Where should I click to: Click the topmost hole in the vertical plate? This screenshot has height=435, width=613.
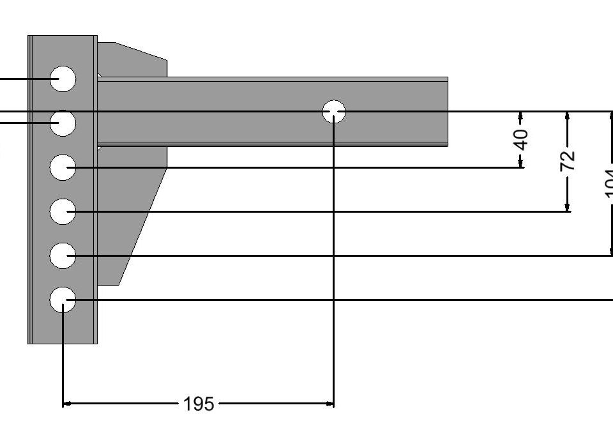63,79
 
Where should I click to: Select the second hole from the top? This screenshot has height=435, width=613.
63,123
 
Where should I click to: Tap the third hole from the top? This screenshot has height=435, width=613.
63,167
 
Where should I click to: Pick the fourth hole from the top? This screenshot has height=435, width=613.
63,211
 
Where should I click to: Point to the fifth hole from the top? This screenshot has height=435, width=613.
63,256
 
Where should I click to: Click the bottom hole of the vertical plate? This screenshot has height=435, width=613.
63,299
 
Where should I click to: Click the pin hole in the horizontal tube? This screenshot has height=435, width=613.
333,112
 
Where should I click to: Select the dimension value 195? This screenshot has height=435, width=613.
199,404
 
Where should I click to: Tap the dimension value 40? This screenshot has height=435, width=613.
522,139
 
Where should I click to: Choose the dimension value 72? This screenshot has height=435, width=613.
568,160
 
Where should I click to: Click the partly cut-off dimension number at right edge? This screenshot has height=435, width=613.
609,188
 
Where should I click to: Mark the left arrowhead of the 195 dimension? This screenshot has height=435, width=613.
67,404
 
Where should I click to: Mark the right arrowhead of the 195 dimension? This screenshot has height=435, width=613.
329,404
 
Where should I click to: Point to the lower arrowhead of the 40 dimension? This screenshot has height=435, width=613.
522,163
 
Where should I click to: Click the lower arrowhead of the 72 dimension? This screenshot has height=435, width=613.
568,207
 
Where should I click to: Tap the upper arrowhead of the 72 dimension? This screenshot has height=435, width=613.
568,116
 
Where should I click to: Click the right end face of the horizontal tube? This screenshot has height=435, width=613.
447,112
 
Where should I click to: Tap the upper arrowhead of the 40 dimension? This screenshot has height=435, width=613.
522,116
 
